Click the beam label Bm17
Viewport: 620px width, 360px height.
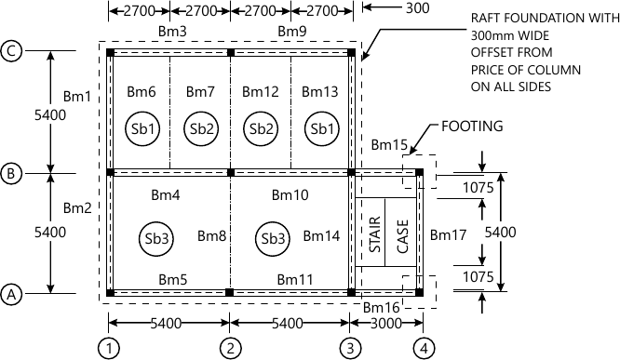(447, 236)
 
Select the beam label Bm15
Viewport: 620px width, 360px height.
(388, 145)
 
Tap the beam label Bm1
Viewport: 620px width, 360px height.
(77, 96)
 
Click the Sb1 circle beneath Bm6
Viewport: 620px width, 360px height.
(141, 127)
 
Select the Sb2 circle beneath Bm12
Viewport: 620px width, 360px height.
(261, 127)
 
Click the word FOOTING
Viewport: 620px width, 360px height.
(472, 124)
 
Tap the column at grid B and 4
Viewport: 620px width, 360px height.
(419, 172)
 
